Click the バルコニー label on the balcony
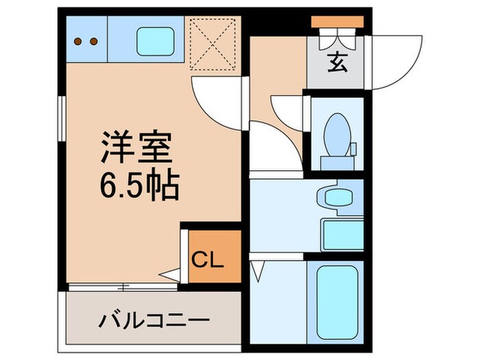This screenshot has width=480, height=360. pos(154,320)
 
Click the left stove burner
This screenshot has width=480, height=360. pos(79,40)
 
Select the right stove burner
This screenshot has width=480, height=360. pos(94,40)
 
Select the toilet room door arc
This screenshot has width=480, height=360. pos(288,110)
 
